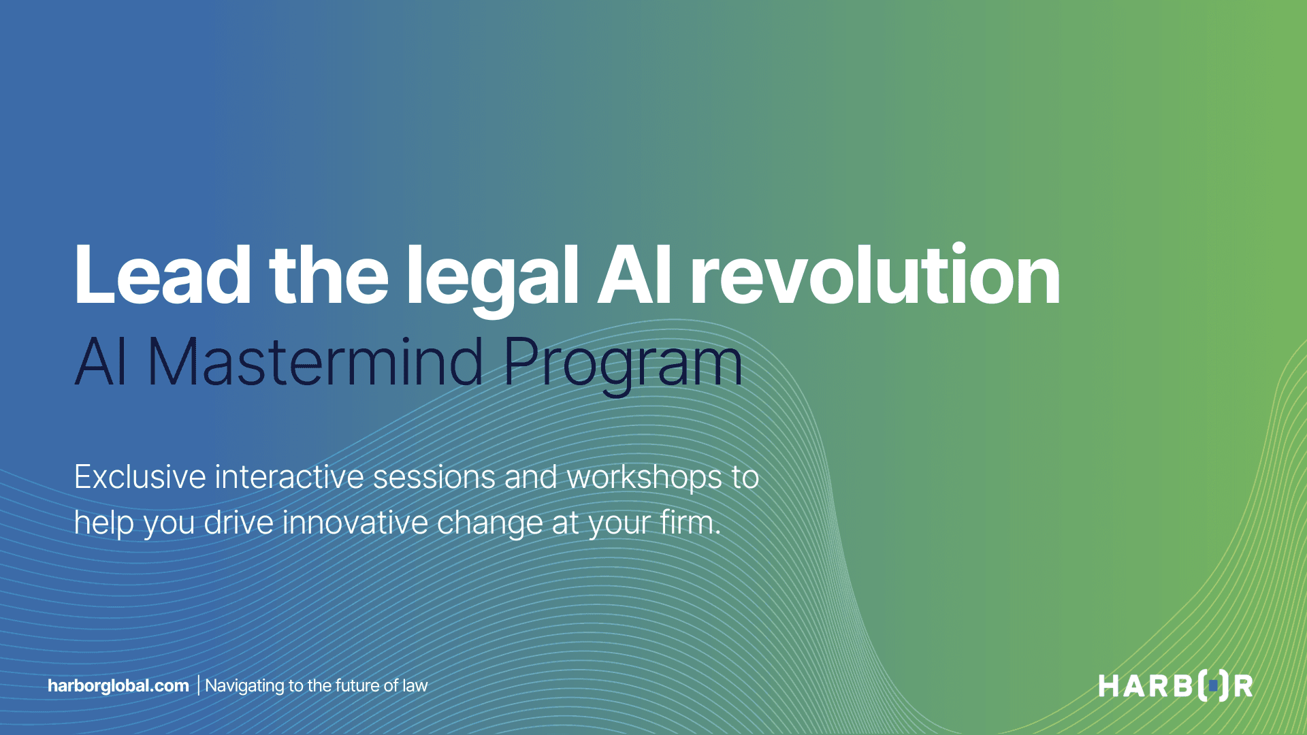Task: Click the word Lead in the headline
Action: [x=162, y=276]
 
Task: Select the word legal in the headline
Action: [x=491, y=276]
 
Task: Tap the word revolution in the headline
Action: [x=875, y=276]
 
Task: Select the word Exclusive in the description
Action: [x=140, y=477]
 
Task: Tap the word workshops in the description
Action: [x=644, y=477]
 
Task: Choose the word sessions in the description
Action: [x=434, y=477]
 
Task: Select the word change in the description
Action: [x=489, y=523]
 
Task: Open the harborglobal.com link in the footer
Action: [x=118, y=685]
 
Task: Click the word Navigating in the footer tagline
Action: [x=244, y=686]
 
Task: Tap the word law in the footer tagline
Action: [x=415, y=685]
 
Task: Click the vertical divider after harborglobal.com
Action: [x=198, y=685]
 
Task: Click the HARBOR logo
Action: [x=1176, y=685]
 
